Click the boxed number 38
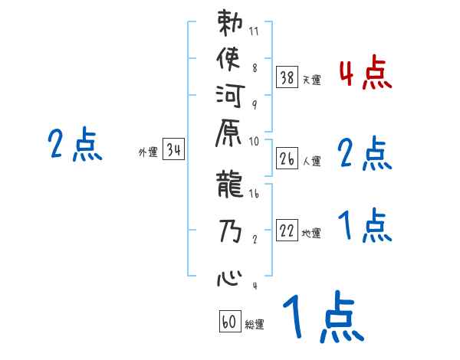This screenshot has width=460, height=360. point(287,77)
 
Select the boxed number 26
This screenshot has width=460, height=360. point(287,159)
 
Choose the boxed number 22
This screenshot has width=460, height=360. point(287,231)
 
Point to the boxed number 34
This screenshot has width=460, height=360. point(174,151)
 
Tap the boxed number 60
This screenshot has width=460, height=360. point(230,322)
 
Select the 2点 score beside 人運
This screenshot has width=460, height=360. point(365,154)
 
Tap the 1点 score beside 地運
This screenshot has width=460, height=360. point(365,226)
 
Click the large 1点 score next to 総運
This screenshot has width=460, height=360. point(322,318)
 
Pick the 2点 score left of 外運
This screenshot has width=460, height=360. point(75,145)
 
